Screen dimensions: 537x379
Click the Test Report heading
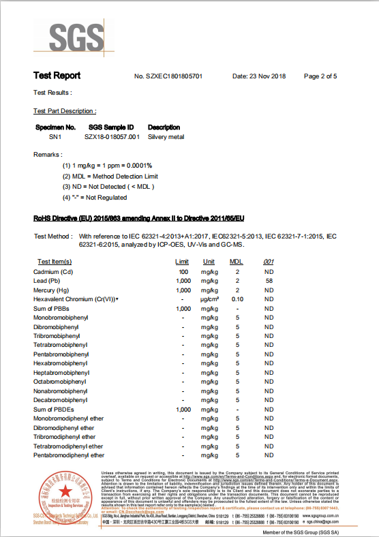coord(57,76)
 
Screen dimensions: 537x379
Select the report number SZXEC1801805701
coord(168,76)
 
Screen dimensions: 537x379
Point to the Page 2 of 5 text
coord(320,76)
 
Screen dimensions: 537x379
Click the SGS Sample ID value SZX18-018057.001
coord(112,137)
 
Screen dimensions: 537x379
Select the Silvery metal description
coord(166,137)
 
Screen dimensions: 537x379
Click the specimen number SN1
coord(46,137)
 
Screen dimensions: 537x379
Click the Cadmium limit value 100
coord(183,272)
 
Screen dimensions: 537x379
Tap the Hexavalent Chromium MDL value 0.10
coord(237,299)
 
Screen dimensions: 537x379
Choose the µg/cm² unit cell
coord(209,299)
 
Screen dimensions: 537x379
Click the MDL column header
coord(236,262)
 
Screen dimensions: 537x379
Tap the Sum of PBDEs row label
coord(53,410)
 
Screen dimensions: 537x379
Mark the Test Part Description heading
coord(65,110)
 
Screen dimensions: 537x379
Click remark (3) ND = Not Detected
coord(108,186)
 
